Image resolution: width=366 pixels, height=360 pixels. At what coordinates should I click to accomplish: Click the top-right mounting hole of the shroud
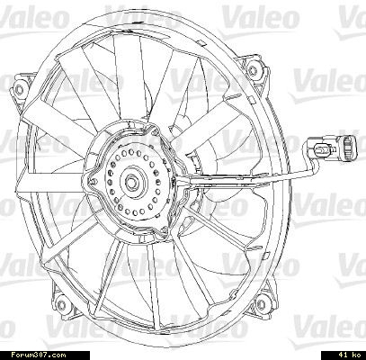tap(253, 71)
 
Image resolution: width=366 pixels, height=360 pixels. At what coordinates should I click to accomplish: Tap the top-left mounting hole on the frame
tap(19, 90)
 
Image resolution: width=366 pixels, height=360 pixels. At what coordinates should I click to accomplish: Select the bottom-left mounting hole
tap(61, 305)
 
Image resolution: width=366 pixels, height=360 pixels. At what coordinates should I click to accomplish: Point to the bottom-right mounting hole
tap(262, 301)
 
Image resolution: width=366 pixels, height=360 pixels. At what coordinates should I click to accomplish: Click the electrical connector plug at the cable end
tap(346, 148)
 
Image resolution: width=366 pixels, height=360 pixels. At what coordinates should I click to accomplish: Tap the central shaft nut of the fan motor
tap(131, 181)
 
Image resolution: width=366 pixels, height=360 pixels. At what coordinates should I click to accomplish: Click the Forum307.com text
tap(38, 355)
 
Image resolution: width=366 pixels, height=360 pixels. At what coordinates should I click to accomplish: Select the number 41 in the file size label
tap(343, 355)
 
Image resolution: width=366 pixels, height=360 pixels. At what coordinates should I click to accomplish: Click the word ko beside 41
tap(356, 355)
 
